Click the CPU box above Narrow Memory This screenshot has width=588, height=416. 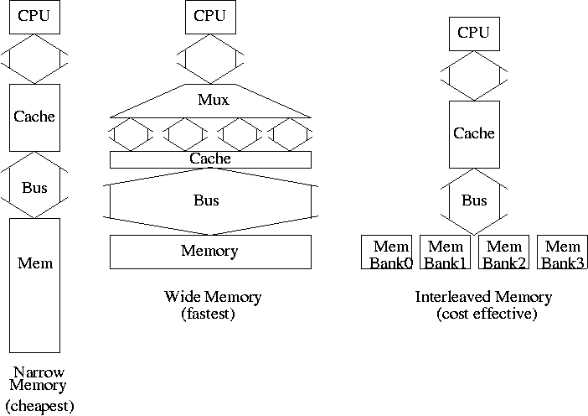click(34, 17)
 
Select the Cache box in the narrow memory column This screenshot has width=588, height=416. click(34, 117)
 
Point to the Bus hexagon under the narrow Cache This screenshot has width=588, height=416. click(34, 187)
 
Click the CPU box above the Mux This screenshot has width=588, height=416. click(210, 17)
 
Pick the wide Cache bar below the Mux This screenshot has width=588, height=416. click(210, 159)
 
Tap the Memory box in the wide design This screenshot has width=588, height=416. click(210, 251)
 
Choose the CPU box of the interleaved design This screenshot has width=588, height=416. click(473, 34)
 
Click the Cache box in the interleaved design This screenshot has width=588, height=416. click(473, 133)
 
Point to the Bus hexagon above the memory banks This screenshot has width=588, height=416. click(474, 201)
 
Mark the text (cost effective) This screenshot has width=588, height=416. click(487, 314)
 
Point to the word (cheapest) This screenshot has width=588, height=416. click(40, 406)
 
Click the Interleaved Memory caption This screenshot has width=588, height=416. click(484, 297)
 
